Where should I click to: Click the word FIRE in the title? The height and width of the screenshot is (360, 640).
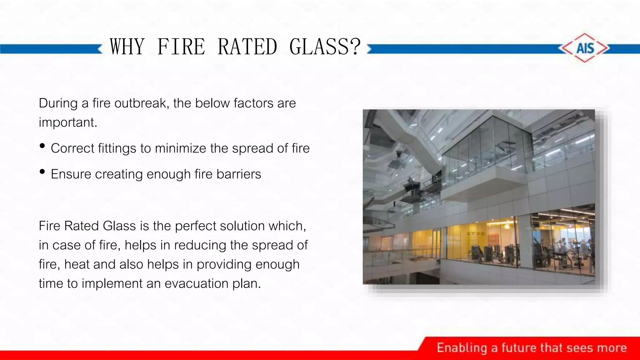click(x=181, y=47)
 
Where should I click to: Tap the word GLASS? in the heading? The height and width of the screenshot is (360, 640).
click(x=325, y=47)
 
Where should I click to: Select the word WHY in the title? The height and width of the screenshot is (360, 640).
click(x=127, y=47)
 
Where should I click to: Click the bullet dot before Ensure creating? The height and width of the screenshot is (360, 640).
click(x=42, y=172)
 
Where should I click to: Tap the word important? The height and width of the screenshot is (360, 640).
click(x=68, y=122)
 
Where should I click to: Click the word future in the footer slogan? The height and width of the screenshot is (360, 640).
click(x=519, y=348)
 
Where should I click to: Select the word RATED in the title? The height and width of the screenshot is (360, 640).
click(x=247, y=47)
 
